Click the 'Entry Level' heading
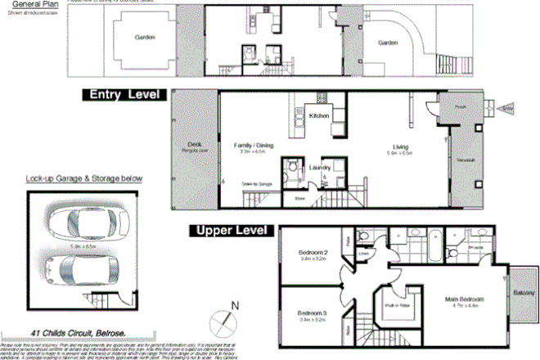124,95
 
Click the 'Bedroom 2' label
313,254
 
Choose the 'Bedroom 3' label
313,313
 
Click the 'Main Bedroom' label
462,300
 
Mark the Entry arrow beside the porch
501,107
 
